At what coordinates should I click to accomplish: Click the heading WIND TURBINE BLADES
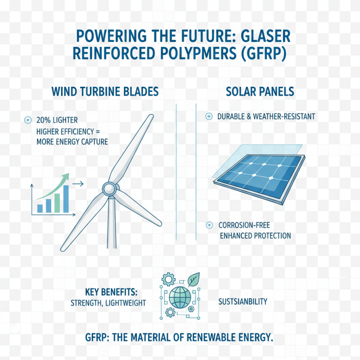105,92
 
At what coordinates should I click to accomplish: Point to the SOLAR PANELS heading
260,92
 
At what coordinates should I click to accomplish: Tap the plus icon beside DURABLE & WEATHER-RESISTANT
208,117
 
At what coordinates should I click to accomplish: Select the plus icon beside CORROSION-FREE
208,225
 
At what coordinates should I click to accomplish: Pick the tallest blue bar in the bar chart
66,198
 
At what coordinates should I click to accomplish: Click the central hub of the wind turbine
108,189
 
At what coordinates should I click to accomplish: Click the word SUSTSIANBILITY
243,301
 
